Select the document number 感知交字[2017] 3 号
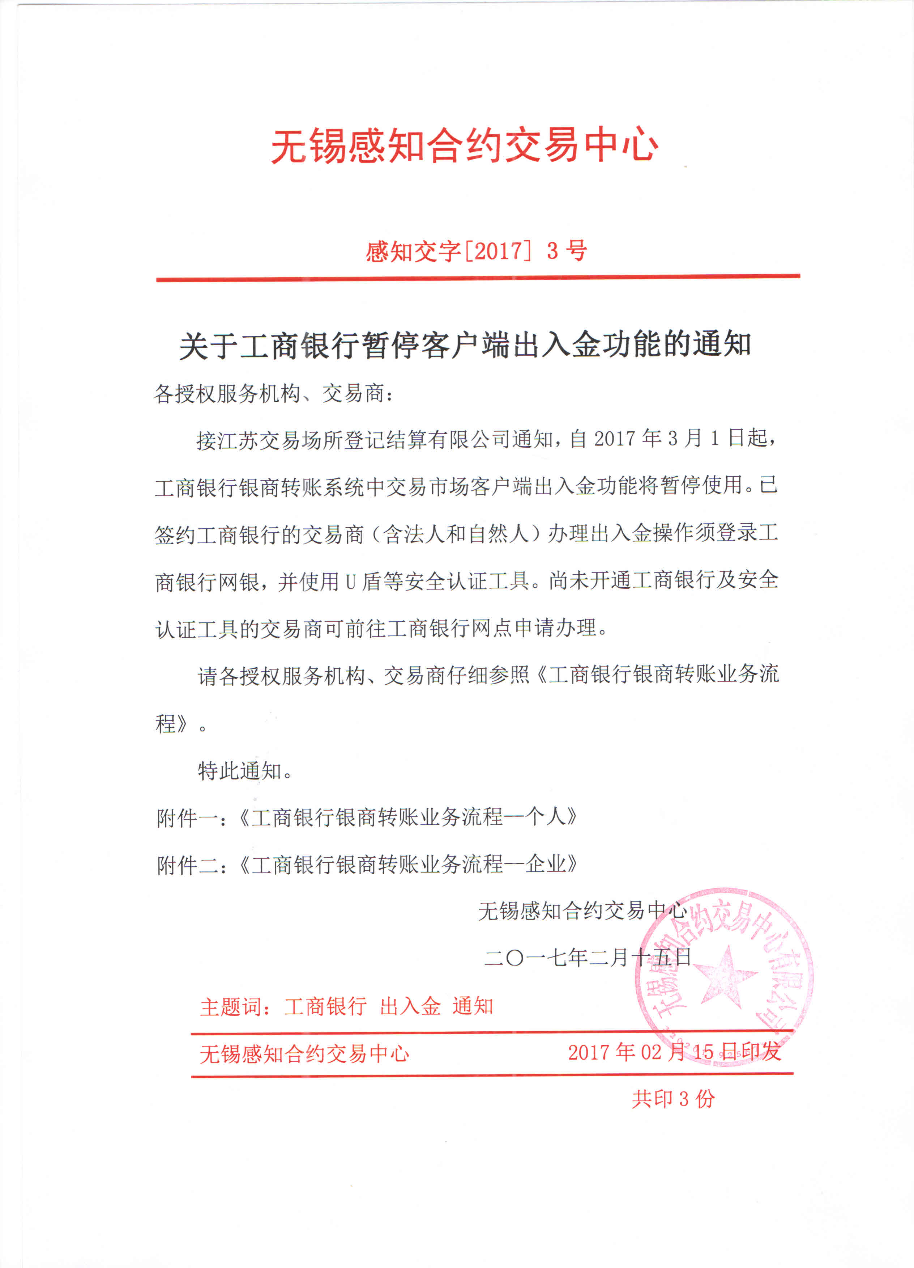tap(476, 251)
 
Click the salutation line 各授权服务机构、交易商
tap(274, 394)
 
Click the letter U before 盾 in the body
tap(350, 582)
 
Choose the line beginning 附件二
tap(366, 865)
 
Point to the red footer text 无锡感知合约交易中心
tap(304, 1054)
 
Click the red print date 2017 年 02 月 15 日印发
tap(674, 1052)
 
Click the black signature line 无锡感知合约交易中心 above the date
tap(581, 911)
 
